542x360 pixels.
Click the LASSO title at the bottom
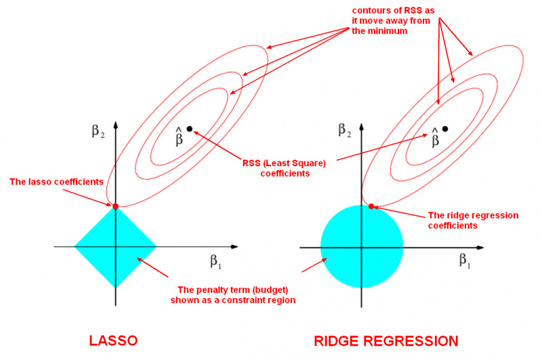coord(114,340)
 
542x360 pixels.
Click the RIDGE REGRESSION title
coord(387,340)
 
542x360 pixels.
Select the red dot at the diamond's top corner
coord(115,205)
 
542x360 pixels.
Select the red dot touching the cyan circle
coord(371,205)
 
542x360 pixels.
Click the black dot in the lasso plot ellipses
coord(190,129)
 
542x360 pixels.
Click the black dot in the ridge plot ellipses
coord(445,129)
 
